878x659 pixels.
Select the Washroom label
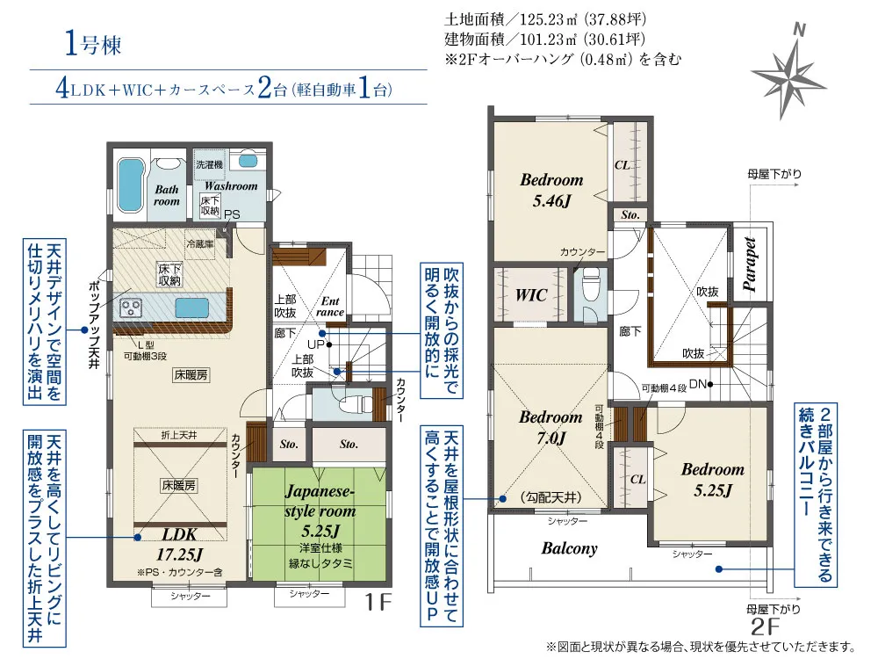[x=231, y=185]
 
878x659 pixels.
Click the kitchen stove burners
[x=133, y=307]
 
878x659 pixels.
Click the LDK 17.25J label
[x=179, y=544]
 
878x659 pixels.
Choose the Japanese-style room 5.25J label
[x=320, y=511]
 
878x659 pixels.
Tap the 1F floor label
[x=378, y=603]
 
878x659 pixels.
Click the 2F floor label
[x=766, y=626]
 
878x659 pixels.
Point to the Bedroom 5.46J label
[x=551, y=190]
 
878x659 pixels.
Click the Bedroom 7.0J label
[x=551, y=427]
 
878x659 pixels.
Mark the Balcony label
[x=569, y=548]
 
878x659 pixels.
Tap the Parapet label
[x=750, y=264]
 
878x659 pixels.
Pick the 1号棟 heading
[x=93, y=44]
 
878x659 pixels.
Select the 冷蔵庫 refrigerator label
[x=200, y=244]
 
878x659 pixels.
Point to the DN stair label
[x=698, y=385]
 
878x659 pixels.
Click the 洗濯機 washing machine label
[x=210, y=165]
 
